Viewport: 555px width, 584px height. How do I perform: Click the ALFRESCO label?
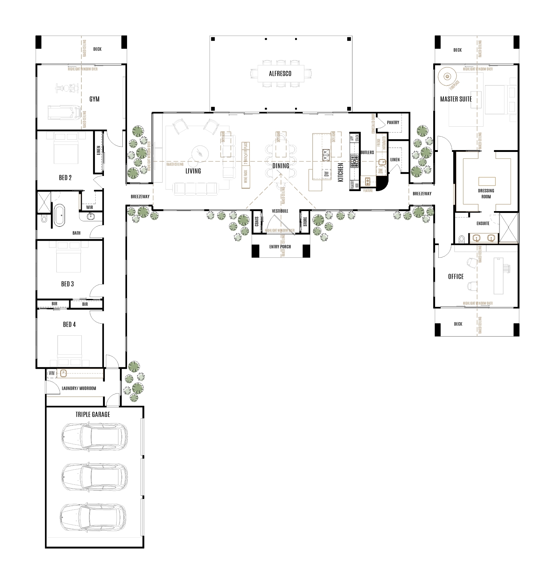[x=280, y=74]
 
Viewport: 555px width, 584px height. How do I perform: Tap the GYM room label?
[x=94, y=99]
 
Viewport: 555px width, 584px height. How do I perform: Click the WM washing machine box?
[x=51, y=373]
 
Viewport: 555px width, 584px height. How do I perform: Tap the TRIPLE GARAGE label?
[x=92, y=415]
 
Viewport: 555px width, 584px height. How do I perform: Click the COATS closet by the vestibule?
[x=257, y=222]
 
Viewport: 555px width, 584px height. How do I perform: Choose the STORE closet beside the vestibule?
[x=305, y=222]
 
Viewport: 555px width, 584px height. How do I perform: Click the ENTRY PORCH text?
[x=280, y=247]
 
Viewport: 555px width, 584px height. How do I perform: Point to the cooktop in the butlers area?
[x=355, y=161]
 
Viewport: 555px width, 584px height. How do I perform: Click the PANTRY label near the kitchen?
[x=393, y=122]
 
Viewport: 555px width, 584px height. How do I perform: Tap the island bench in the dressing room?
[x=487, y=181]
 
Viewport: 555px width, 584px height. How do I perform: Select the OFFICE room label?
[x=456, y=276]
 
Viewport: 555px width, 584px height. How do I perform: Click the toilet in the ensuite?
[x=462, y=239]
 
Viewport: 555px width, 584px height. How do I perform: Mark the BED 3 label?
[x=67, y=284]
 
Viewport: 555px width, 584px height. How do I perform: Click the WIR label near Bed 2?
[x=89, y=207]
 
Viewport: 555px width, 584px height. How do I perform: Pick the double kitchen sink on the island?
[x=326, y=155]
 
